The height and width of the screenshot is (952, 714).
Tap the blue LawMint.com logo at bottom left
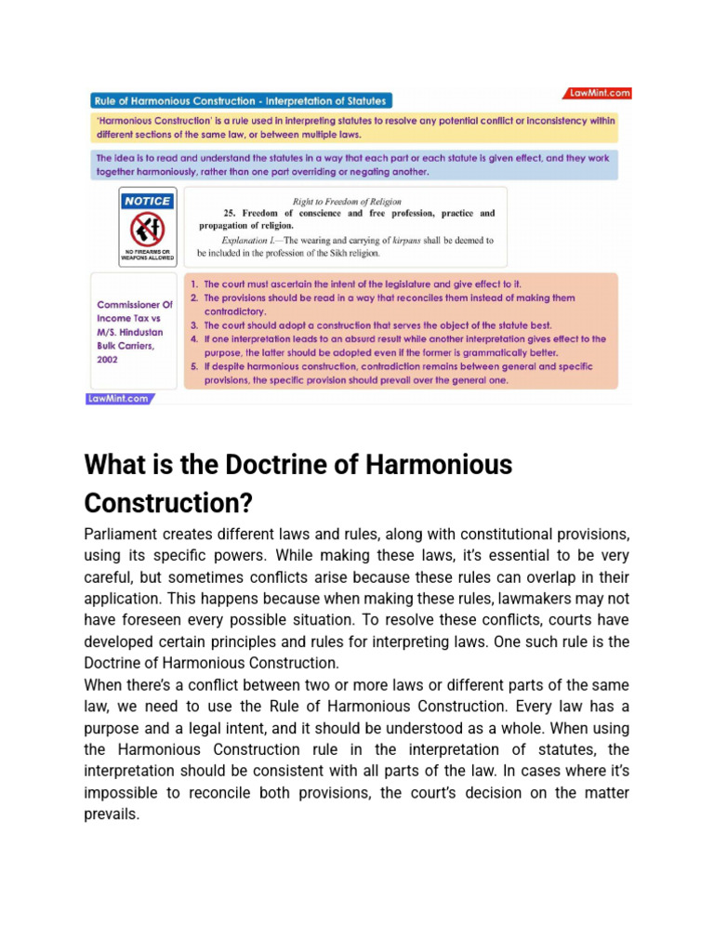click(x=119, y=399)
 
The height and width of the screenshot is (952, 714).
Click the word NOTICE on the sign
click(x=148, y=201)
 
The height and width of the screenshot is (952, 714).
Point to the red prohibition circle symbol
click(x=147, y=228)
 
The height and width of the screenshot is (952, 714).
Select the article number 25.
click(x=229, y=213)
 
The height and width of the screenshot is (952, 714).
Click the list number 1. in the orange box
click(x=194, y=284)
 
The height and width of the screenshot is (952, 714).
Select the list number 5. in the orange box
click(x=194, y=367)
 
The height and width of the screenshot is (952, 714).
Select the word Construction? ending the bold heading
click(x=168, y=503)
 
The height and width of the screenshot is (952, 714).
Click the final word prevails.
click(x=112, y=813)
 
